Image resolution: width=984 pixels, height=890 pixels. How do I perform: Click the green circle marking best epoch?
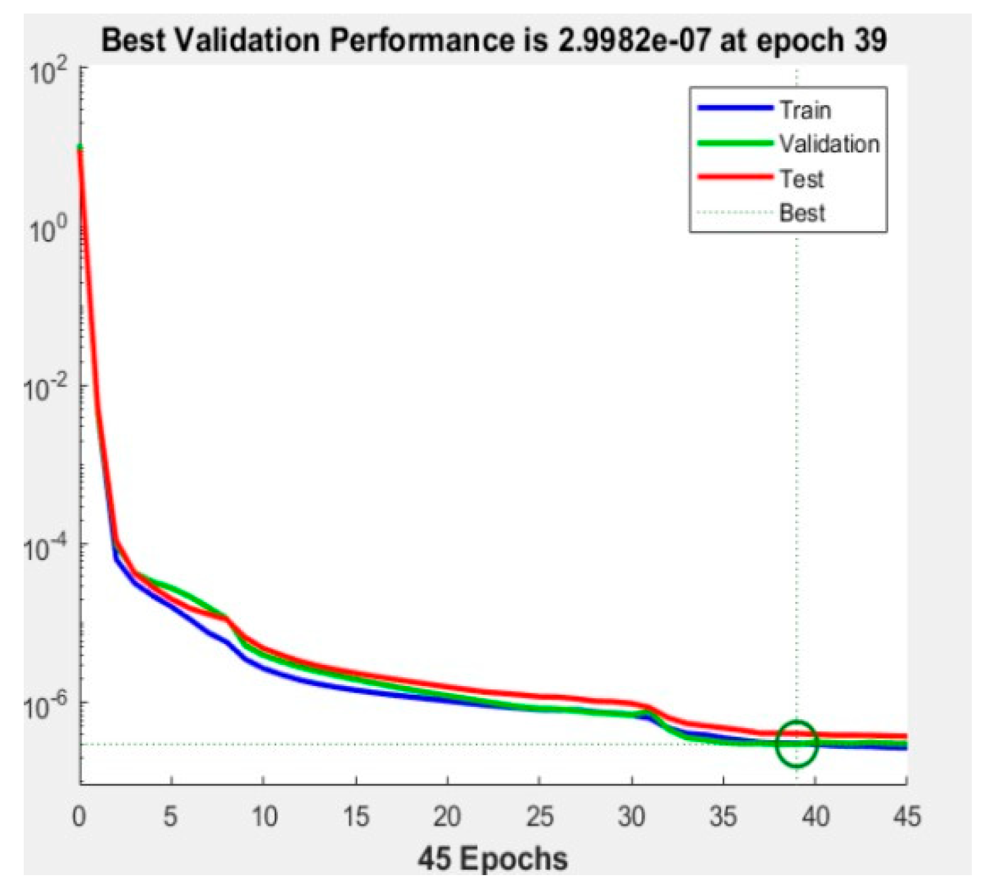(797, 744)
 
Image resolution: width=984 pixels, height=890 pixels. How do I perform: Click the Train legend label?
(805, 110)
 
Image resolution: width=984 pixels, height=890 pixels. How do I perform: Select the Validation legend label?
(829, 144)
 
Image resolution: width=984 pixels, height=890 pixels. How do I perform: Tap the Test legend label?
(802, 179)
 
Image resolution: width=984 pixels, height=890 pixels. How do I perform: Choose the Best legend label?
(802, 213)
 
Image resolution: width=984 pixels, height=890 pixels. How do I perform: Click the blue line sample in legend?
(735, 108)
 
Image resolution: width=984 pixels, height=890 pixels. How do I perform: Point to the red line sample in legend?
(735, 178)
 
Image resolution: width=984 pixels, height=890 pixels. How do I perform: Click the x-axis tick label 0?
(79, 816)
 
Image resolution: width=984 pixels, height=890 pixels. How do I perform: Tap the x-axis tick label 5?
(170, 816)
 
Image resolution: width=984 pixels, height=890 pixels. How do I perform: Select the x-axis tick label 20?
(447, 816)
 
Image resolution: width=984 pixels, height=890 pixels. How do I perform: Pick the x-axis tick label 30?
(631, 816)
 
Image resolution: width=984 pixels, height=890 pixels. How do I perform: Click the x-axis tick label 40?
(815, 816)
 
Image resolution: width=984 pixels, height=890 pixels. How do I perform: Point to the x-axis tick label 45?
(906, 816)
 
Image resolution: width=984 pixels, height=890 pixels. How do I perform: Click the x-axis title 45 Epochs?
(492, 859)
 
